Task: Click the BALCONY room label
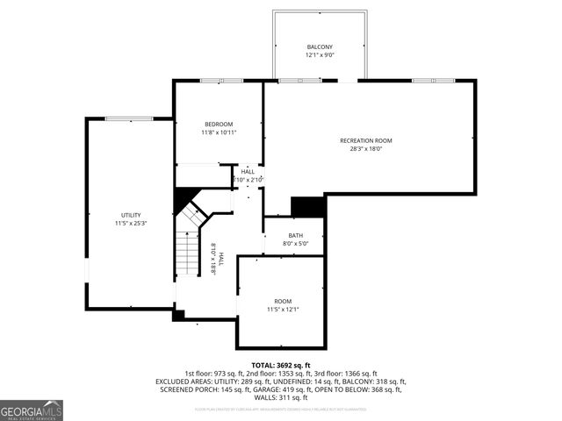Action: point(320,46)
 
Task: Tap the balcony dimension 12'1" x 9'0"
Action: point(320,55)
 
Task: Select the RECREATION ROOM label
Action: point(366,140)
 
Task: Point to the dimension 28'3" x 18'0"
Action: point(366,149)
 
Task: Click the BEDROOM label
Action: point(219,124)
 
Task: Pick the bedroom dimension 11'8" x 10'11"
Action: point(219,132)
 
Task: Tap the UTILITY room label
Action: point(131,215)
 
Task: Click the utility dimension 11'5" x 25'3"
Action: point(131,224)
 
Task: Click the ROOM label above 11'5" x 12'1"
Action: point(283,301)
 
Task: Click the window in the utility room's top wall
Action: point(129,118)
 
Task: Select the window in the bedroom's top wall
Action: point(209,82)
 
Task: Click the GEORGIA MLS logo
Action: point(32,410)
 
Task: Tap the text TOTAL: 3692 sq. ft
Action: point(281,365)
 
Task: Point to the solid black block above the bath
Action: point(308,207)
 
